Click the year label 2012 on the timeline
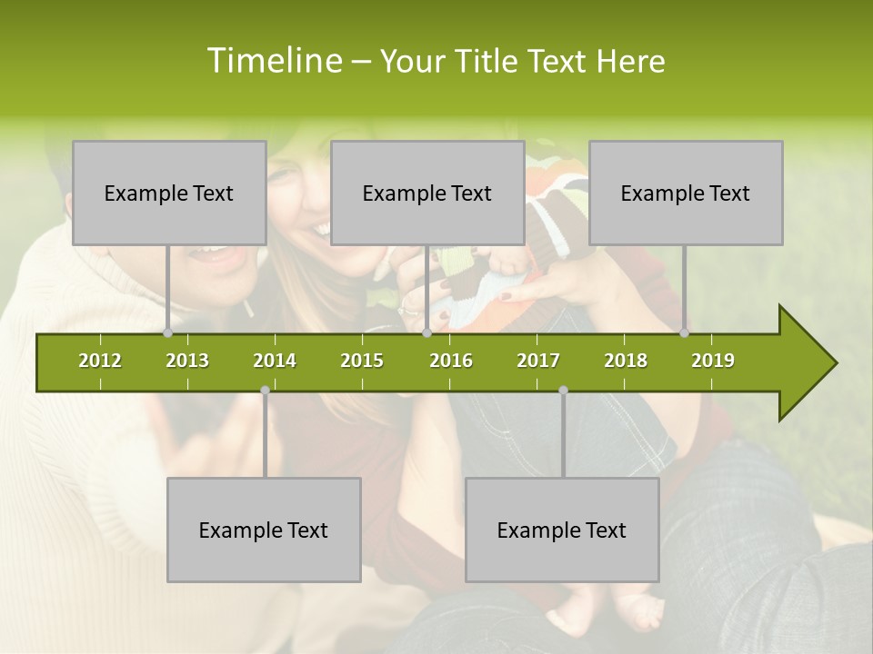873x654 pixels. tap(100, 361)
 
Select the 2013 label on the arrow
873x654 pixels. tap(187, 361)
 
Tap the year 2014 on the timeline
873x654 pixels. tap(275, 361)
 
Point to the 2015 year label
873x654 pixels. tap(362, 361)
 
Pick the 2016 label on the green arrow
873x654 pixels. tap(451, 361)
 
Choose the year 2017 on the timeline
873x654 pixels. tap(538, 361)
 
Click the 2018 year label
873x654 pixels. tap(626, 361)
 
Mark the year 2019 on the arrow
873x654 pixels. tap(713, 361)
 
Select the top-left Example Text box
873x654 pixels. tap(169, 193)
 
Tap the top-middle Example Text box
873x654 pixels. tap(427, 193)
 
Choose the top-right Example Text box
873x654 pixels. tap(686, 193)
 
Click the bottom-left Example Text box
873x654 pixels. tap(264, 530)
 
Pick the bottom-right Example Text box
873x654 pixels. tap(562, 530)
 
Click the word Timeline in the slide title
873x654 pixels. tap(273, 61)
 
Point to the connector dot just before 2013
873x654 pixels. tap(167, 333)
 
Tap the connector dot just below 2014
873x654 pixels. tap(265, 391)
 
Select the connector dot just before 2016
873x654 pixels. tap(426, 333)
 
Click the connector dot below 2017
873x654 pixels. tap(563, 391)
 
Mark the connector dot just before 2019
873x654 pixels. tap(684, 333)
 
